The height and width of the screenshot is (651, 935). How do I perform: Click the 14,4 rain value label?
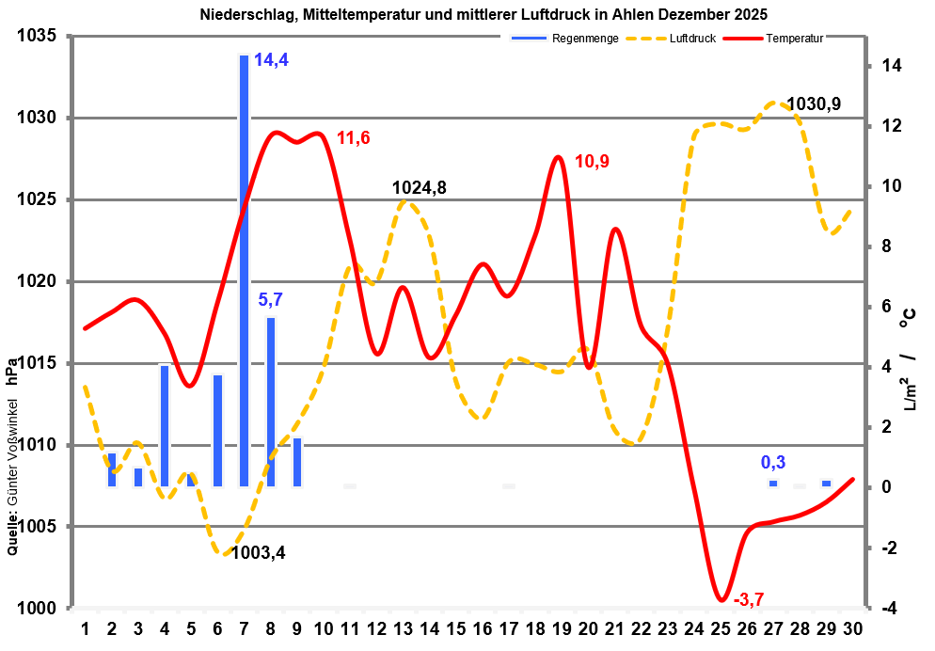tap(271, 60)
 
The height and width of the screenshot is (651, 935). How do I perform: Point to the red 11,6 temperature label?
tap(354, 138)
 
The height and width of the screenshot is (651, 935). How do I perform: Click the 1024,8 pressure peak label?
tap(419, 187)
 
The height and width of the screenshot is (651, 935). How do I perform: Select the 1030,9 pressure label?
tap(814, 103)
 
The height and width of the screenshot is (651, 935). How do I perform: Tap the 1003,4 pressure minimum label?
tap(258, 552)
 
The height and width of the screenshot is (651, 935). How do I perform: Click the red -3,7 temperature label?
tap(749, 599)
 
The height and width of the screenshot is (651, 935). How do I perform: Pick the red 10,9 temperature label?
tap(592, 161)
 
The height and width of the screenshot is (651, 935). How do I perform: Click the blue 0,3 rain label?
tap(773, 462)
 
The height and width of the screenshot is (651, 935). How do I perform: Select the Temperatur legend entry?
tap(795, 40)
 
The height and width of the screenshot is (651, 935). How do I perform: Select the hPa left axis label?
tap(12, 371)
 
